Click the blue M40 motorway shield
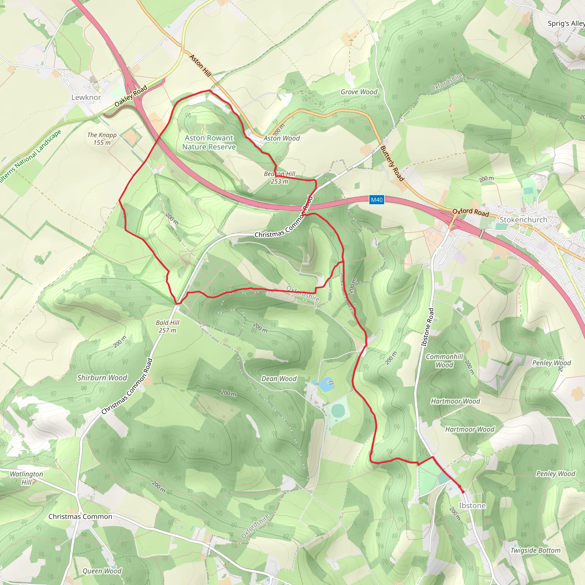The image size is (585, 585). pyautogui.click(x=377, y=200)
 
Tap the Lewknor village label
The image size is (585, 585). pyautogui.click(x=86, y=97)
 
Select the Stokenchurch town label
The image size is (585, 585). pyautogui.click(x=523, y=220)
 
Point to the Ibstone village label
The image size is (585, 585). pyautogui.click(x=472, y=505)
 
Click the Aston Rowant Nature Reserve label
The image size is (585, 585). pyautogui.click(x=209, y=142)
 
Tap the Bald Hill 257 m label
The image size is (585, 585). pyautogui.click(x=167, y=326)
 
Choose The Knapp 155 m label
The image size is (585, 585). pyautogui.click(x=102, y=139)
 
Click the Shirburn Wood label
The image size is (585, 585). pyautogui.click(x=102, y=378)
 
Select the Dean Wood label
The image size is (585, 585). pyautogui.click(x=279, y=378)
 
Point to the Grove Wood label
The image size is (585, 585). pyautogui.click(x=359, y=92)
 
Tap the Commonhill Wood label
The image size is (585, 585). pyautogui.click(x=444, y=361)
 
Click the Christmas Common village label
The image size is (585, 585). pyautogui.click(x=80, y=516)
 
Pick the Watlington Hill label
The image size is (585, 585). pyautogui.click(x=26, y=478)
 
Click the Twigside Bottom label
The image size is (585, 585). pyautogui.click(x=535, y=550)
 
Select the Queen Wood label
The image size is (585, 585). pyautogui.click(x=102, y=571)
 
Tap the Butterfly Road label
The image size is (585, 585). pyautogui.click(x=392, y=163)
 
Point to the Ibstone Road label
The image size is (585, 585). pyautogui.click(x=427, y=327)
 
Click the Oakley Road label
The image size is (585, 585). pyautogui.click(x=131, y=96)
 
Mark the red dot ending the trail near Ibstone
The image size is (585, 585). pyautogui.click(x=463, y=492)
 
